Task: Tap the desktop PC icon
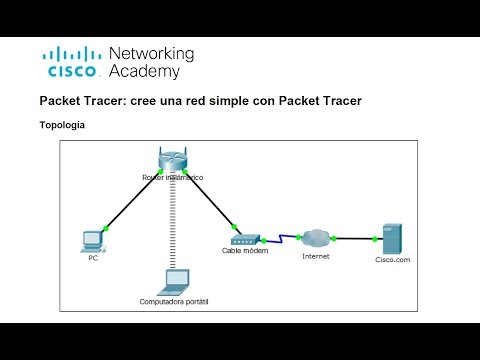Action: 93,239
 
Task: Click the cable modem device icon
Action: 245,240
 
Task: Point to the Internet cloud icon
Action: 317,237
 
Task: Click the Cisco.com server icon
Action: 393,238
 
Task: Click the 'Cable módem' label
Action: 245,252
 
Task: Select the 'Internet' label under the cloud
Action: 316,257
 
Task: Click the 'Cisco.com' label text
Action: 392,260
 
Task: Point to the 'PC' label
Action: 93,256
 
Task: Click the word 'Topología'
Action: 62,126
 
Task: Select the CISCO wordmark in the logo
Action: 70,72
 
